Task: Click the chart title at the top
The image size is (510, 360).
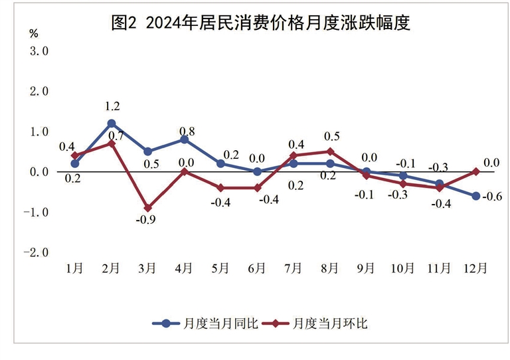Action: [x=260, y=24]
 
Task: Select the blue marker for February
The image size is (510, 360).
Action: [x=112, y=124]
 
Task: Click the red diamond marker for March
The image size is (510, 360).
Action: [x=147, y=208]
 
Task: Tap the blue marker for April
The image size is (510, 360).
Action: [x=184, y=139]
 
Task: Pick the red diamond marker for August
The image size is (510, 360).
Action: [x=329, y=151]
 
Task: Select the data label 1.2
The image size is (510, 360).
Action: [x=112, y=106]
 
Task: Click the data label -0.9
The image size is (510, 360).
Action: [x=147, y=221]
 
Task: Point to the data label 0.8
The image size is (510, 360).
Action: [x=187, y=130]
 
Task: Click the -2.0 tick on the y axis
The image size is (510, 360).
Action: [x=37, y=253]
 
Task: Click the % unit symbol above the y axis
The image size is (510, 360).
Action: [x=34, y=32]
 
